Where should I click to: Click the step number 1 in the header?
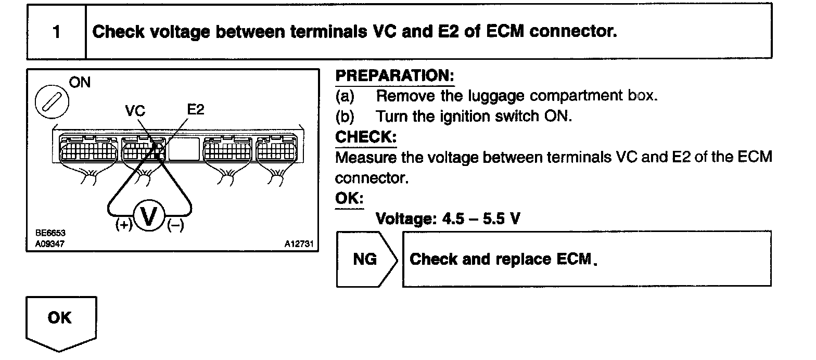click(56, 32)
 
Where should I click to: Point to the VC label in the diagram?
click(135, 111)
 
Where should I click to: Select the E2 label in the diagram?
click(196, 110)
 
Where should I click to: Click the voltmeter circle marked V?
click(149, 216)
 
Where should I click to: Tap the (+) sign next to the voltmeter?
click(124, 225)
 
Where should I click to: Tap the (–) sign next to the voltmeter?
click(175, 225)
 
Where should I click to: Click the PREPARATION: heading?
click(394, 76)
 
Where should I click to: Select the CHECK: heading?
click(365, 137)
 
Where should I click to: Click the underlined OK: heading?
click(349, 199)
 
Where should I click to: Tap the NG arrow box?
click(366, 259)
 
